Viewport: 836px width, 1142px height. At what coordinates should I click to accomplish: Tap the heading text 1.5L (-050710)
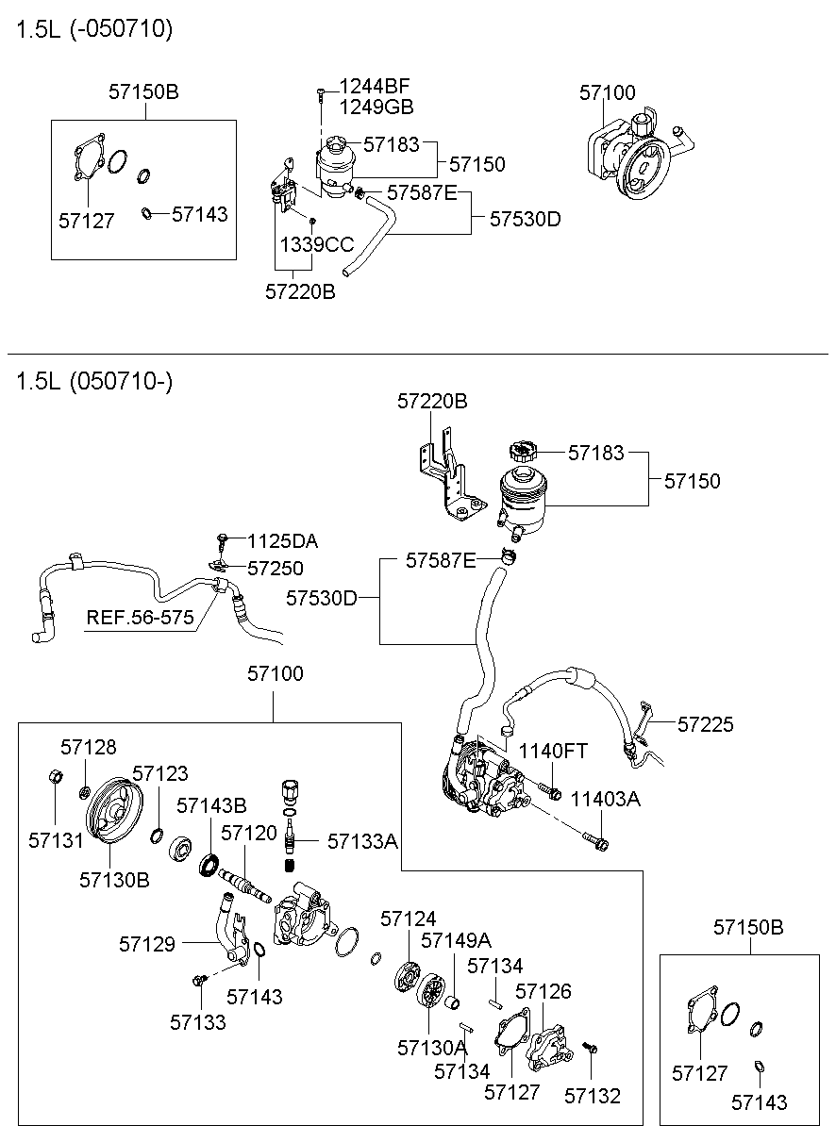(x=93, y=29)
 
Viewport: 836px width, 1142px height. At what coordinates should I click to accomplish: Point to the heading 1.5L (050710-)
(x=93, y=381)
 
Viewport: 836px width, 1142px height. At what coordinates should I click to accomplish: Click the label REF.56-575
(x=140, y=618)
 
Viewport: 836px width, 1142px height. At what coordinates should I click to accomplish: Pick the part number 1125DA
(x=282, y=541)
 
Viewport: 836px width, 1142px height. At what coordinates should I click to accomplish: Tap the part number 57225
(x=705, y=724)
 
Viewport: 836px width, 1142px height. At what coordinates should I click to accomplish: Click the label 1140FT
(x=552, y=751)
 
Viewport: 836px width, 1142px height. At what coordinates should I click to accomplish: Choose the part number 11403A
(x=605, y=799)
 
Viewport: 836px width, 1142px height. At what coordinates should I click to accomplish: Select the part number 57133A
(x=362, y=840)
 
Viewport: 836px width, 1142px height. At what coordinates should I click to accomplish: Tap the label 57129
(x=146, y=943)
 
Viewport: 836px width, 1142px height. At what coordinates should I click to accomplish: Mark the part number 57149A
(x=456, y=940)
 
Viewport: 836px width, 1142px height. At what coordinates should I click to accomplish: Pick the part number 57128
(x=89, y=747)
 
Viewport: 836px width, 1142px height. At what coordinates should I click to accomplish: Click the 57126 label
(x=543, y=991)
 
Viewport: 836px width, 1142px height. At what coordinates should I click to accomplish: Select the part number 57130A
(x=432, y=1047)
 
